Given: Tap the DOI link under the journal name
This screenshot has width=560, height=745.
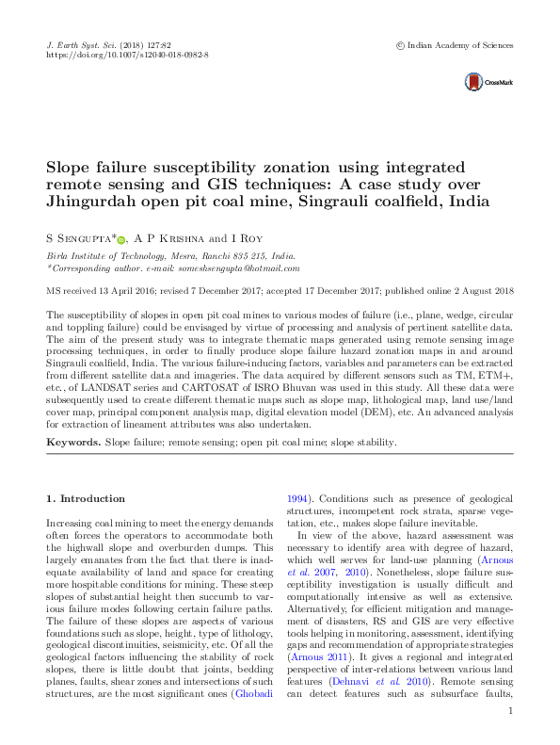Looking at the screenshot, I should (127, 56).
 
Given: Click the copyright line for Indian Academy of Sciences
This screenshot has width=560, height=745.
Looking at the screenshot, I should (456, 44).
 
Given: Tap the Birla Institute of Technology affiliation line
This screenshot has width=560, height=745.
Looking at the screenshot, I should (170, 256).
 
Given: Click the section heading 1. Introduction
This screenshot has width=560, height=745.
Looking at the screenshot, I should (86, 498).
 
